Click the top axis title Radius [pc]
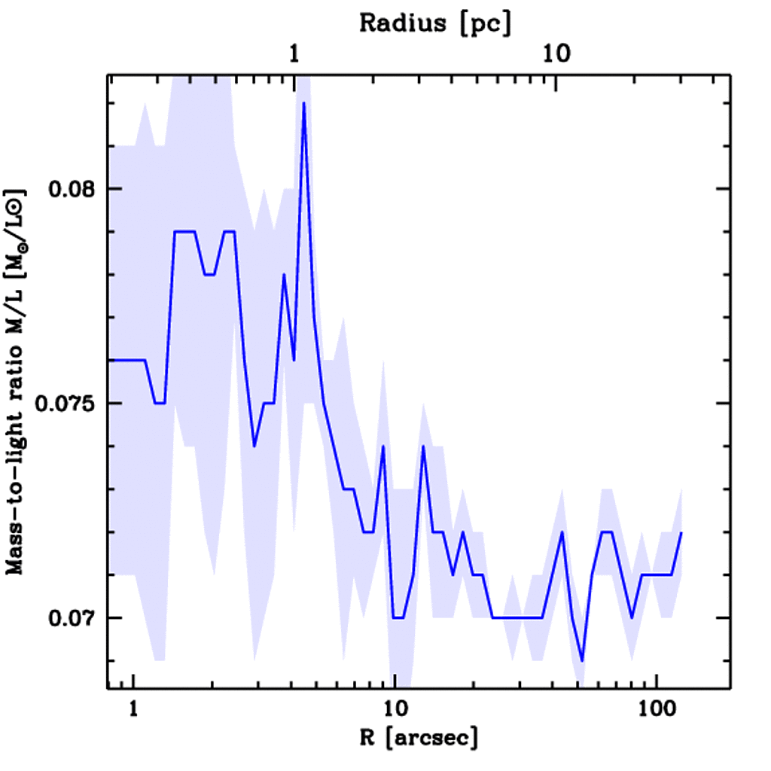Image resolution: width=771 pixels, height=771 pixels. (435, 23)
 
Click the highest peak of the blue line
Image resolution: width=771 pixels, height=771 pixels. (303, 103)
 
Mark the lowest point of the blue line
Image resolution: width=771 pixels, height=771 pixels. (582, 660)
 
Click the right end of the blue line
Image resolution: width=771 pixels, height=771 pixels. (681, 532)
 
